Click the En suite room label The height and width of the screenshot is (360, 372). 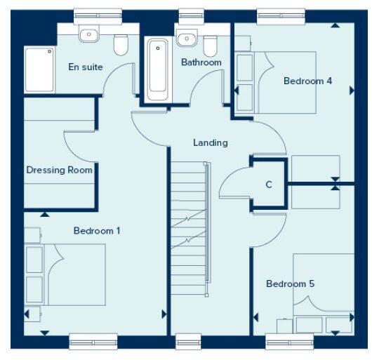tap(86, 67)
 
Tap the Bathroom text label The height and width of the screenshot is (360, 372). tap(201, 62)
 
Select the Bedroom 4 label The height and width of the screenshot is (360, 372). tap(307, 81)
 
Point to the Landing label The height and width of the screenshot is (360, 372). tap(211, 142)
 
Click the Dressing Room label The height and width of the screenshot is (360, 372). tap(59, 170)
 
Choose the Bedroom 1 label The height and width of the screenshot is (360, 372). tap(97, 230)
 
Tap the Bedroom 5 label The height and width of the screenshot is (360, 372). tap(290, 284)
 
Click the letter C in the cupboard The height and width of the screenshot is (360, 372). tap(269, 185)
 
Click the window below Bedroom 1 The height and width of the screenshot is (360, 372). tap(93, 342)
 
